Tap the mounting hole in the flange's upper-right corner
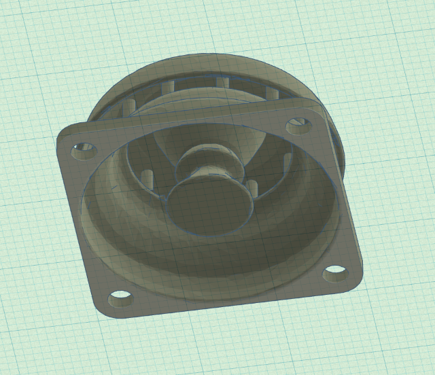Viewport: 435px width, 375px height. [297, 125]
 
